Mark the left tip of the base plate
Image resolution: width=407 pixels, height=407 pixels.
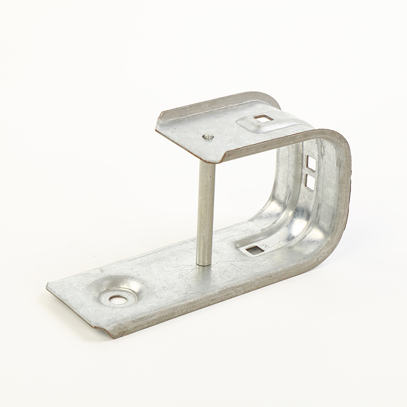(48, 287)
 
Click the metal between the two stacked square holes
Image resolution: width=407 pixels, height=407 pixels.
(310, 171)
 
